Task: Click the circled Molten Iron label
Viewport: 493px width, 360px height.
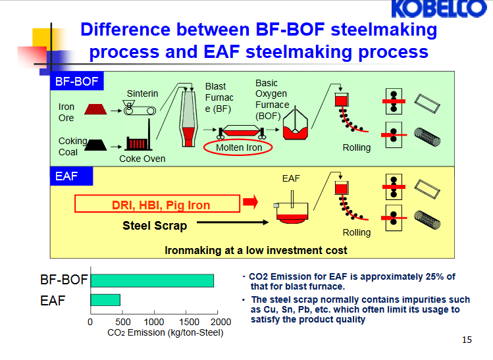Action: tap(239, 147)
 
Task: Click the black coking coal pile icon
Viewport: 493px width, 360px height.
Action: tap(96, 144)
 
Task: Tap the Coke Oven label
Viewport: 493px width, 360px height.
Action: tap(142, 159)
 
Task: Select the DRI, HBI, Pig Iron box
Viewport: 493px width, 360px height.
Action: tap(160, 205)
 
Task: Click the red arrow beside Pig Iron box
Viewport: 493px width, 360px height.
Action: tap(250, 201)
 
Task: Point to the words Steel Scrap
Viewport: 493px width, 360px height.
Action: tap(155, 226)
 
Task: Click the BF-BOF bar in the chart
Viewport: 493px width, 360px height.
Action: tap(152, 280)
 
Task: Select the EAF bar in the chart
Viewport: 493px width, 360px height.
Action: tap(105, 300)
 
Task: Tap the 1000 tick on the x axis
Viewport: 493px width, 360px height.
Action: tap(154, 322)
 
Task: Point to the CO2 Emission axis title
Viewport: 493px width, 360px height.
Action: tap(165, 333)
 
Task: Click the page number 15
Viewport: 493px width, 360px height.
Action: tap(467, 340)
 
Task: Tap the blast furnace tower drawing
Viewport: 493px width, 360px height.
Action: tap(189, 119)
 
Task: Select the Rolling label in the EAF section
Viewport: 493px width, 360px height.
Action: tap(357, 232)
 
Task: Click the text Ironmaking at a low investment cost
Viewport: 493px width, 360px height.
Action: tap(256, 250)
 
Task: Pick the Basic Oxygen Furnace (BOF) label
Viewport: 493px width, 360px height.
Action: tap(272, 99)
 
